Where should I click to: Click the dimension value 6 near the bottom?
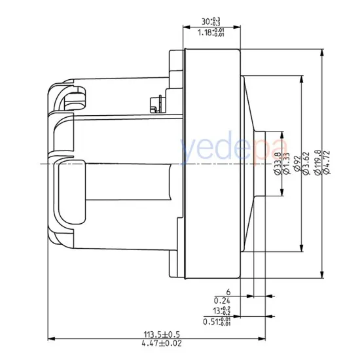tap(228, 291)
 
